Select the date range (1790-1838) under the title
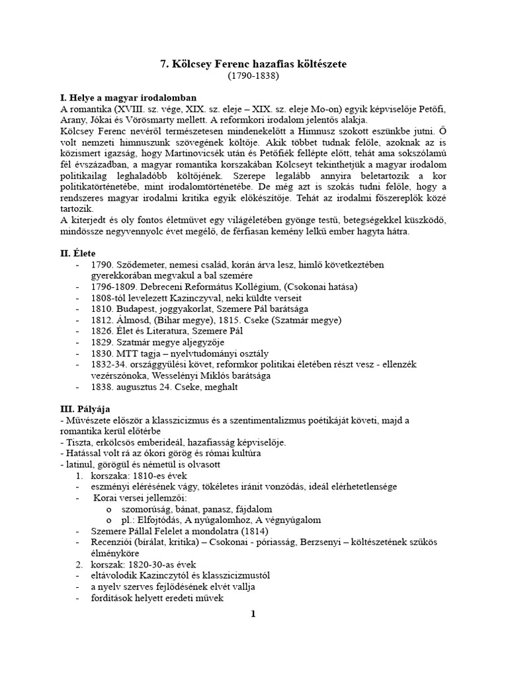coord(253,76)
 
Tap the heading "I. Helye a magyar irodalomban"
coord(125,97)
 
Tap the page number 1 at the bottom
coord(253,614)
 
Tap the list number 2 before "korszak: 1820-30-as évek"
coord(78,565)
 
